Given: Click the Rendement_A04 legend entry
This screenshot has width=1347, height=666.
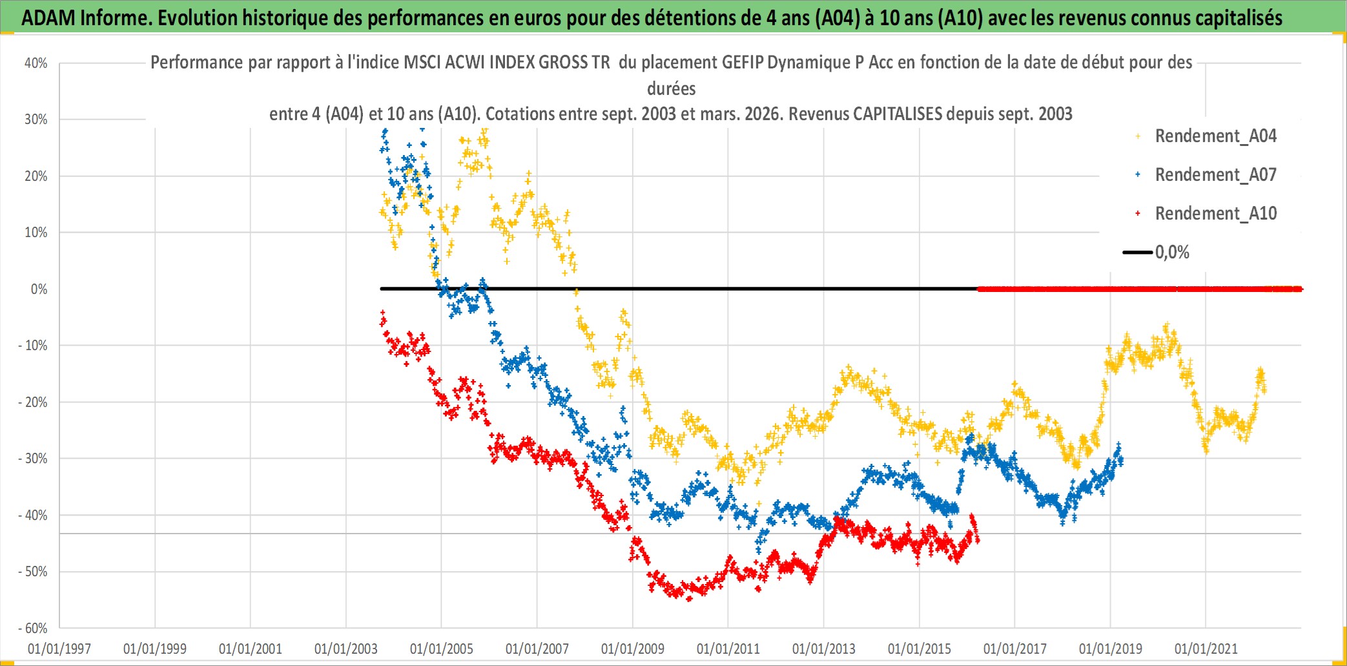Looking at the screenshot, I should point(1215,136).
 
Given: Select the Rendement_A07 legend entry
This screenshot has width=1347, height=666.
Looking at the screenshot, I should point(1215,175).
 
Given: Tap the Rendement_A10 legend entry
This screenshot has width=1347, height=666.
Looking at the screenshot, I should point(1215,214).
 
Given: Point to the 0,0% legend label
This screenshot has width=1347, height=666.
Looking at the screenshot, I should point(1172,253).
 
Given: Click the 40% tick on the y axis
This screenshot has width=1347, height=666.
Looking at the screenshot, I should point(36,63).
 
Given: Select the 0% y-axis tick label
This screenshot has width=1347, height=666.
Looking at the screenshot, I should point(39,289).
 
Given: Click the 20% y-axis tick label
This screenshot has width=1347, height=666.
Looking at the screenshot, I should point(36,176).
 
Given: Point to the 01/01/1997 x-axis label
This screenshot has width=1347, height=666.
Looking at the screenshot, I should point(59,649).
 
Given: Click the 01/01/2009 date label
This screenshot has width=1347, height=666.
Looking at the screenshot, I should point(633,649).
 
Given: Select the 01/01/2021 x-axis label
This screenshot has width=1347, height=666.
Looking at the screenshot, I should point(1206,649).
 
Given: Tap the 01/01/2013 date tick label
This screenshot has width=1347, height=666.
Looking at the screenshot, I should point(824,649).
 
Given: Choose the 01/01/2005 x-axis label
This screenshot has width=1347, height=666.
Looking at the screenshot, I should point(442,649).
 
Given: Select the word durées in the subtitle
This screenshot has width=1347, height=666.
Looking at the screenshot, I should point(672,88).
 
